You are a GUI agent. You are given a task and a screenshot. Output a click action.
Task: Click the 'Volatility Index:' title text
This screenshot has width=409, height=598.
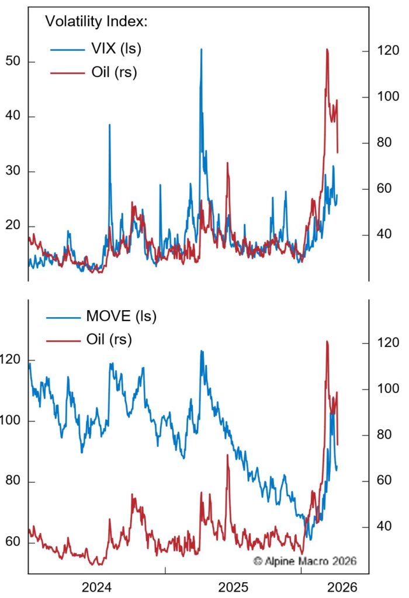96,22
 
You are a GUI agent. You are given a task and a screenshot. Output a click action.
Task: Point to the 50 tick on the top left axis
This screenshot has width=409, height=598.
12,61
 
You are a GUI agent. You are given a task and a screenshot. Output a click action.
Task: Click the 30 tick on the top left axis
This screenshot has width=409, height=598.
12,171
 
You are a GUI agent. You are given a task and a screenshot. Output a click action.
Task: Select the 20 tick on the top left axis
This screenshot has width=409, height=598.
12,226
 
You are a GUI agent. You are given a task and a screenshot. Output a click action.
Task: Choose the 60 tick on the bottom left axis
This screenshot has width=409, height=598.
12,543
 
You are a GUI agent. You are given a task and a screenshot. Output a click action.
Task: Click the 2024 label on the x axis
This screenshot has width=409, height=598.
97,585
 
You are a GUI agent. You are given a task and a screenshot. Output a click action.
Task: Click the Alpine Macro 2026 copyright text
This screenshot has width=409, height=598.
304,561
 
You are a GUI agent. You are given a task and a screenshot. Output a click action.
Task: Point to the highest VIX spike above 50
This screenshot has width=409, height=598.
202,50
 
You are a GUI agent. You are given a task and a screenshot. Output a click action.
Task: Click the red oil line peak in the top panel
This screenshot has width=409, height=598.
327,50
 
